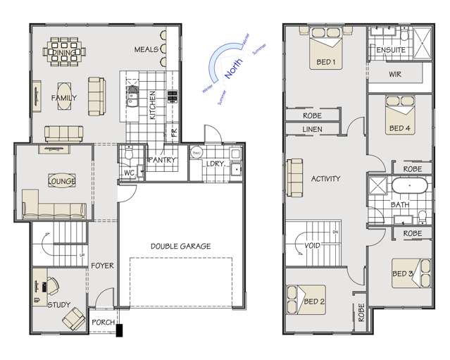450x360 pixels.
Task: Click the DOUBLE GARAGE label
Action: pos(181,246)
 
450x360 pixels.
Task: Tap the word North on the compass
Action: pos(235,69)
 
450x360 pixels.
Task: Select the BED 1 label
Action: pos(325,62)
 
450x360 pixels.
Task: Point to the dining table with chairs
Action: pos(67,50)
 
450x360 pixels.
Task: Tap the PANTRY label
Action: pos(161,160)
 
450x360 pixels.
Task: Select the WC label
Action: pos(129,172)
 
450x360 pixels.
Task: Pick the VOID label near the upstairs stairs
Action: pos(313,247)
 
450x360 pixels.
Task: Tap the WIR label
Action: pos(395,74)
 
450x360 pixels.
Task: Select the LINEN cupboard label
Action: pos(312,130)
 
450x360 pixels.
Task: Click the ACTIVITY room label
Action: pos(325,179)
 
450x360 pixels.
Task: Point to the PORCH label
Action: pos(103,322)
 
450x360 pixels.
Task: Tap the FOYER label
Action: pos(103,266)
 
